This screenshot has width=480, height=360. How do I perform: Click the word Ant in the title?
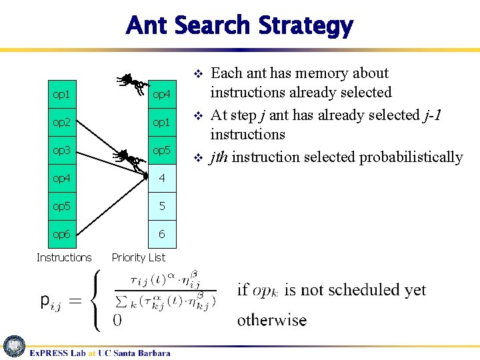(148, 26)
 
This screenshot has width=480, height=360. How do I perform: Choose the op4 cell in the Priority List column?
(161, 95)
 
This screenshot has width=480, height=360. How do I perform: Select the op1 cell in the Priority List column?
(161, 123)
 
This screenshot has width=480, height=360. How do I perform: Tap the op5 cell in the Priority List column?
(161, 151)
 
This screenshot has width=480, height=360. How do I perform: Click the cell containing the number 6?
(161, 235)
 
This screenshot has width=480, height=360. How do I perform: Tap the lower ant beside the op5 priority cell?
(128, 158)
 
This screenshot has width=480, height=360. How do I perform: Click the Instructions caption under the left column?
(64, 257)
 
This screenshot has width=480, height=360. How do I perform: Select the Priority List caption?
(139, 257)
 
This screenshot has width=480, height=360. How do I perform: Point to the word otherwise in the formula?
(272, 320)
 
